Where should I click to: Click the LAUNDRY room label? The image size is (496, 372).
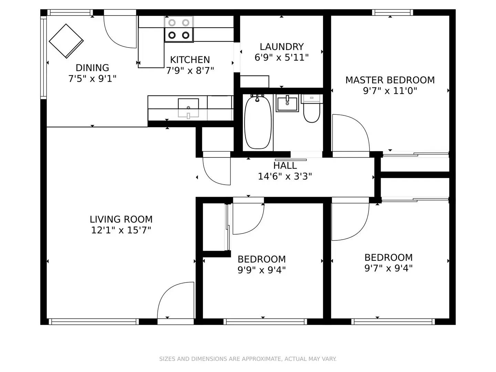tap(281, 46)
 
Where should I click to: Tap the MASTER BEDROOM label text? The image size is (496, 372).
tap(390, 80)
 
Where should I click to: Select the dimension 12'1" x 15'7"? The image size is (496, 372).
tap(121, 230)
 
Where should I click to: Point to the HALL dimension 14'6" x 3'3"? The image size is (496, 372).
tap(285, 176)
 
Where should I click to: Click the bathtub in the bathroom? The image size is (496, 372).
tap(258, 122)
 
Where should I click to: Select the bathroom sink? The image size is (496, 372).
tap(287, 103)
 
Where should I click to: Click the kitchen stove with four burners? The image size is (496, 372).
tap(179, 29)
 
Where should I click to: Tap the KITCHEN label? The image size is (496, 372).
tap(190, 60)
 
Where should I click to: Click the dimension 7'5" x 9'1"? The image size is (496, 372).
tap(92, 79)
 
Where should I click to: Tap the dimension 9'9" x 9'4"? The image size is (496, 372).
tap(261, 270)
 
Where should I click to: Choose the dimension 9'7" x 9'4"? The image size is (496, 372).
tap(389, 268)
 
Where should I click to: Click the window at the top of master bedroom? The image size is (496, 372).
tap(392, 13)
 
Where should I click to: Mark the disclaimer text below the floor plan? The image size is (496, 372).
tap(248, 359)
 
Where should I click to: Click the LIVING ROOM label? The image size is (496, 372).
tap(121, 219)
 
